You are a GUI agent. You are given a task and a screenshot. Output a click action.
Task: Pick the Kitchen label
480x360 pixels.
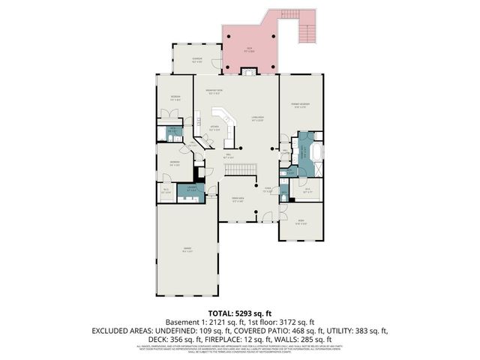click(x=214, y=127)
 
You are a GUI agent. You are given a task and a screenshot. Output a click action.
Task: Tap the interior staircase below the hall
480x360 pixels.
click(x=235, y=172)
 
